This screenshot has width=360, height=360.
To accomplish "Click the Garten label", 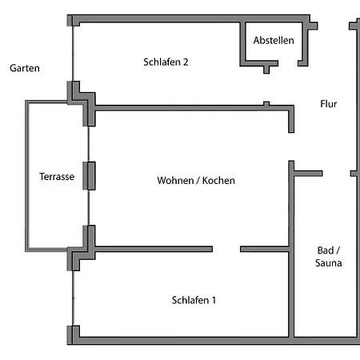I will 25,69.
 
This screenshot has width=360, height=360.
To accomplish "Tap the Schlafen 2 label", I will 166,62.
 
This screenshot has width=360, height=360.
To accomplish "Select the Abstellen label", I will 274,41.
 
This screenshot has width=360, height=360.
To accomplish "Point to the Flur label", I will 330,104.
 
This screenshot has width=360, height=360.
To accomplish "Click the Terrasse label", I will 57,177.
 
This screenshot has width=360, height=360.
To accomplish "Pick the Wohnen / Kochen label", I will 196,181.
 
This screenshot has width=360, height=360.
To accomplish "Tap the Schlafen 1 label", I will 194,300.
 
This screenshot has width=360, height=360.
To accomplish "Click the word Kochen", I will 218,181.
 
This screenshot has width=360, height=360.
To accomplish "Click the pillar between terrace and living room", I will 89,176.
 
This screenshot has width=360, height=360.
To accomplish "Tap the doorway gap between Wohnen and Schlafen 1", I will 226,249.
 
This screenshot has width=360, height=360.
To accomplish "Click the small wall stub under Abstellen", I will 266,69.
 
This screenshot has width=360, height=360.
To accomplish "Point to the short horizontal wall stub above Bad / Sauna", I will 309,173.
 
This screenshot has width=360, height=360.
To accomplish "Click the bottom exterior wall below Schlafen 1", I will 184,340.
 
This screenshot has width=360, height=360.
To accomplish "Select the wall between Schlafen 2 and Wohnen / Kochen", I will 192,106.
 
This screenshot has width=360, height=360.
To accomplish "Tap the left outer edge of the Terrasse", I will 27,176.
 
